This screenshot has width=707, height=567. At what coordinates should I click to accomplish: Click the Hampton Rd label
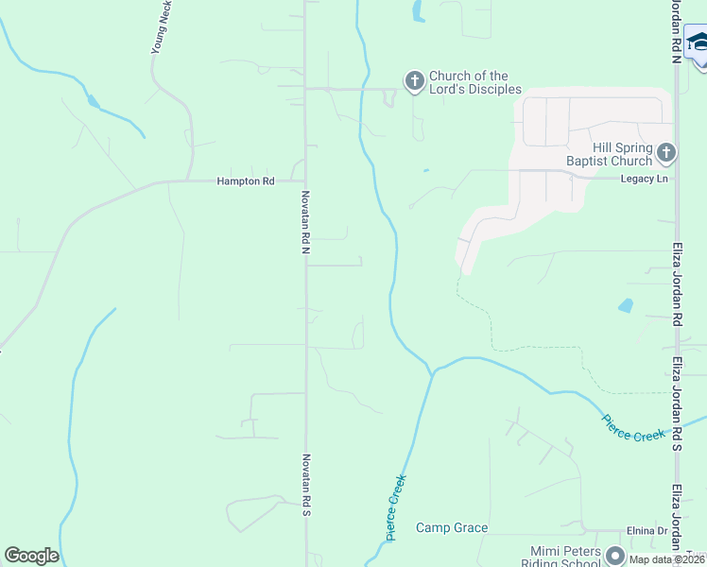(x=245, y=180)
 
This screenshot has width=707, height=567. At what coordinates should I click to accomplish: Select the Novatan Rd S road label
(x=305, y=484)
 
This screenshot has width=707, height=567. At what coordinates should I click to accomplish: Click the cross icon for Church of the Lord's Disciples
(x=414, y=82)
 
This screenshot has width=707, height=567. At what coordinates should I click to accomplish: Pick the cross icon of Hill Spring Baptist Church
(x=666, y=151)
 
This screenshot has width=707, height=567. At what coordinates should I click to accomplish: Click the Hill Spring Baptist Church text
(x=622, y=155)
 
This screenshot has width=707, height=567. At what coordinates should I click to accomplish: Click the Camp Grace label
(x=452, y=528)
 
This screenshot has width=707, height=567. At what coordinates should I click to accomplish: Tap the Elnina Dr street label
(x=647, y=531)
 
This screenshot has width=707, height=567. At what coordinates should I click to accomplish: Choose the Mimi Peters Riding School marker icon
(x=615, y=555)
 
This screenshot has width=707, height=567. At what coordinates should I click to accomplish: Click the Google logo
(x=31, y=556)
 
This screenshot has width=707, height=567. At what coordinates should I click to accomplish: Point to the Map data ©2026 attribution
(x=665, y=559)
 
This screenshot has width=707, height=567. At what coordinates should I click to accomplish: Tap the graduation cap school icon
(x=698, y=43)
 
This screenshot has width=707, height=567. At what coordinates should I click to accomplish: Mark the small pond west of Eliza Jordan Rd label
(x=625, y=306)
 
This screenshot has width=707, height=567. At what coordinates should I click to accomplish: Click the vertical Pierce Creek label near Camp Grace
(x=396, y=507)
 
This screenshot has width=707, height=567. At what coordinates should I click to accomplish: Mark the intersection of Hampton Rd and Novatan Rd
(x=305, y=180)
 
